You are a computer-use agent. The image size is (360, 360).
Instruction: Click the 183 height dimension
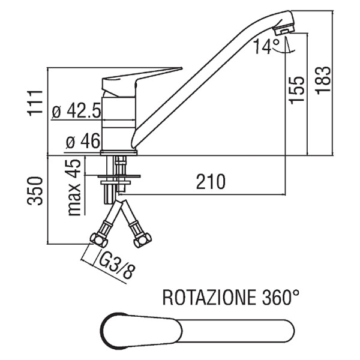click(323, 80)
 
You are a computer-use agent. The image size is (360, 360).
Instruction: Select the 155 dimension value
click(296, 90)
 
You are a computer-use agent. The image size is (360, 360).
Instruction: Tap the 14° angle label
click(266, 46)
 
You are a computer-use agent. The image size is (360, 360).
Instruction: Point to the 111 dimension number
click(35, 103)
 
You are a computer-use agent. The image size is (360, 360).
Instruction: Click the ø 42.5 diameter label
click(76, 110)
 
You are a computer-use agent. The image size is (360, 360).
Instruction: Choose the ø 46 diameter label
click(83, 140)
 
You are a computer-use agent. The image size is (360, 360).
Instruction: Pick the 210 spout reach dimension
click(211, 181)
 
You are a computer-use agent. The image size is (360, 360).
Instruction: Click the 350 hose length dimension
click(35, 191)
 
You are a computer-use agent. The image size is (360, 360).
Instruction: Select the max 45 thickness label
click(74, 187)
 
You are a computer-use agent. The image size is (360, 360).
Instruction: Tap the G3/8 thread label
click(116, 265)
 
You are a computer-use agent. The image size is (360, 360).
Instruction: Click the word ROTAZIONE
click(209, 298)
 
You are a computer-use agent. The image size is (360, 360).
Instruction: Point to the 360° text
click(281, 297)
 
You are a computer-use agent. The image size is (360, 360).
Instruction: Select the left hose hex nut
click(99, 240)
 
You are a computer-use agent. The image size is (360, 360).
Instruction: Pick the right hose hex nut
click(143, 240)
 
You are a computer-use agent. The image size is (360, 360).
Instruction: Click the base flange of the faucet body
click(119, 152)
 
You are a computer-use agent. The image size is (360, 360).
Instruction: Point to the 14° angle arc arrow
click(284, 51)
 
